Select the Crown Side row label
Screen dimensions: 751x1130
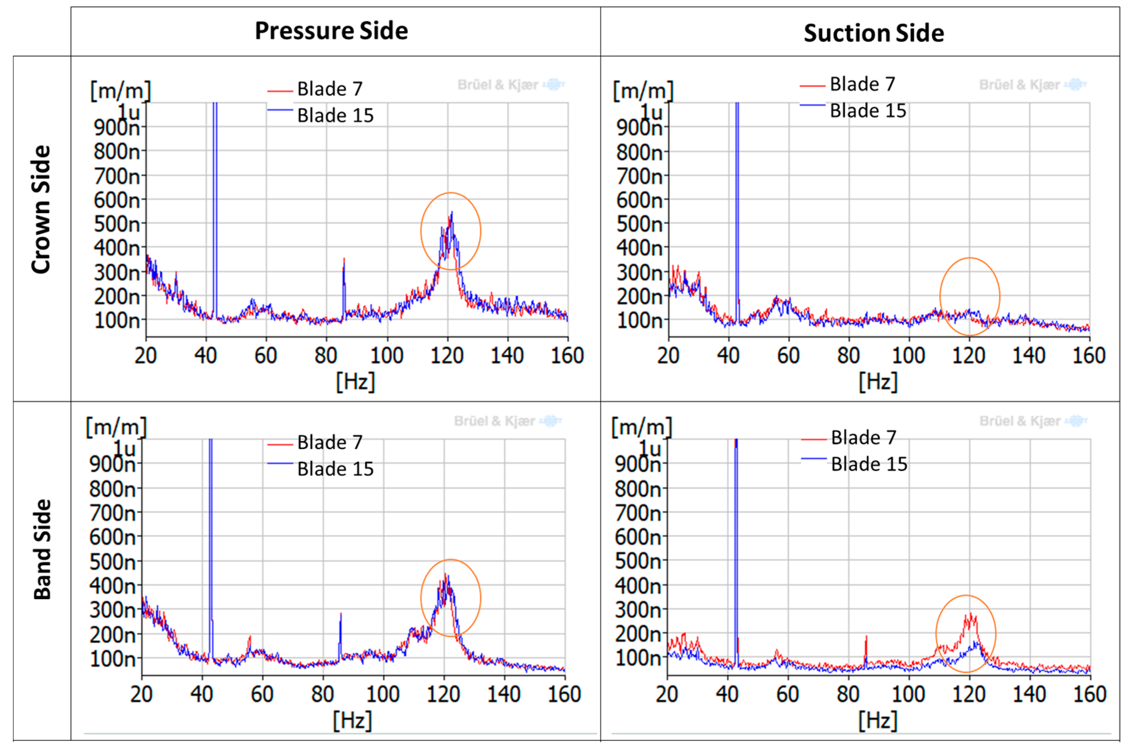[41, 209]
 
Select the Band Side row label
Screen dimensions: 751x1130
[42, 550]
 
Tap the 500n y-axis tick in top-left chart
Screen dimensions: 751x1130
[117, 224]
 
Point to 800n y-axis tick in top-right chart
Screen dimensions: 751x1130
[639, 152]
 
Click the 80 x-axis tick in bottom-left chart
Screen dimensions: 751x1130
[322, 694]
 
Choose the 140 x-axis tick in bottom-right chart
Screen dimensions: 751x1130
[1029, 694]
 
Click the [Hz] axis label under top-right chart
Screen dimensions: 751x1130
[877, 382]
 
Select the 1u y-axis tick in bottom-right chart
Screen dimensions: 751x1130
[650, 449]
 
